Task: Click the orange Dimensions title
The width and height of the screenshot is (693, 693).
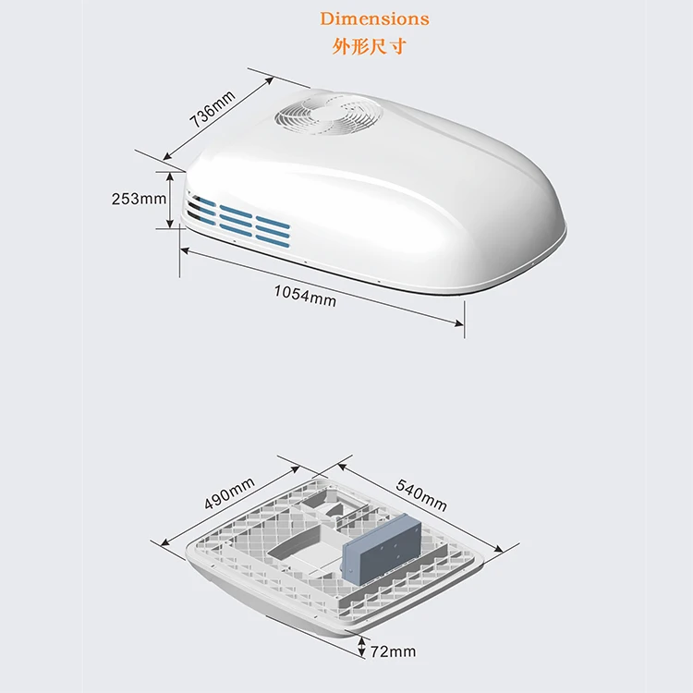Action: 374,18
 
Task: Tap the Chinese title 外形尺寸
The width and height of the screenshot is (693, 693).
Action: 369,46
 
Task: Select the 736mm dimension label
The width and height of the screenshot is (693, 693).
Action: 213,109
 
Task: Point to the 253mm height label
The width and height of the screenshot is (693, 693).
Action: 139,199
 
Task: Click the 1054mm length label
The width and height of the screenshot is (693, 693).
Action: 305,296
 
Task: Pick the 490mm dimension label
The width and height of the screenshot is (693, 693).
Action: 229,493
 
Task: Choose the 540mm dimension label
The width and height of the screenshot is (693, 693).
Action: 421,495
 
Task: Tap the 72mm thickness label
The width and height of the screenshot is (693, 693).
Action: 393,651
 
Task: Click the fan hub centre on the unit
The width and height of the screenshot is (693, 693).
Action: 328,114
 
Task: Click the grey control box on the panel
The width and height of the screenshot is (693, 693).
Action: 383,549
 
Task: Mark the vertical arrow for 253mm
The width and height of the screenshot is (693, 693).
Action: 170,201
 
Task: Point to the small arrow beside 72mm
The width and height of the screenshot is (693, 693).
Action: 362,648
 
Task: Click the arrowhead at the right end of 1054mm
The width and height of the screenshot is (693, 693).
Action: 459,324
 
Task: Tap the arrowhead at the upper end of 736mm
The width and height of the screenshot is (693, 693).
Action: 270,80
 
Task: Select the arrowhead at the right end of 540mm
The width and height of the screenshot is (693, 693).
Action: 499,550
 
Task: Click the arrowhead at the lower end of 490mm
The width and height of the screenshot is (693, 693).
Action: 164,541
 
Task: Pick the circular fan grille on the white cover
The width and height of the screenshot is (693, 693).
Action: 328,114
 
